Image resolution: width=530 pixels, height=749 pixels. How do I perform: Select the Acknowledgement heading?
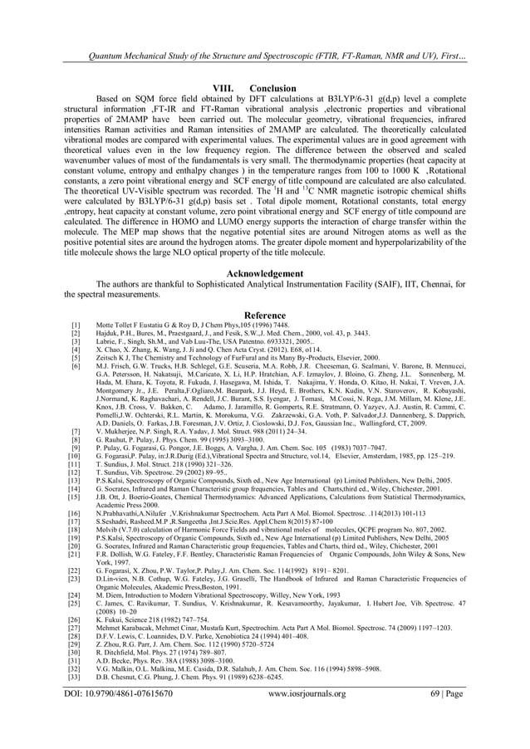[x=265, y=273]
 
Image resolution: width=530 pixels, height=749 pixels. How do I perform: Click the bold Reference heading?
[x=264, y=315]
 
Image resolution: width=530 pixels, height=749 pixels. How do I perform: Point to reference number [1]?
[x=76, y=325]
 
